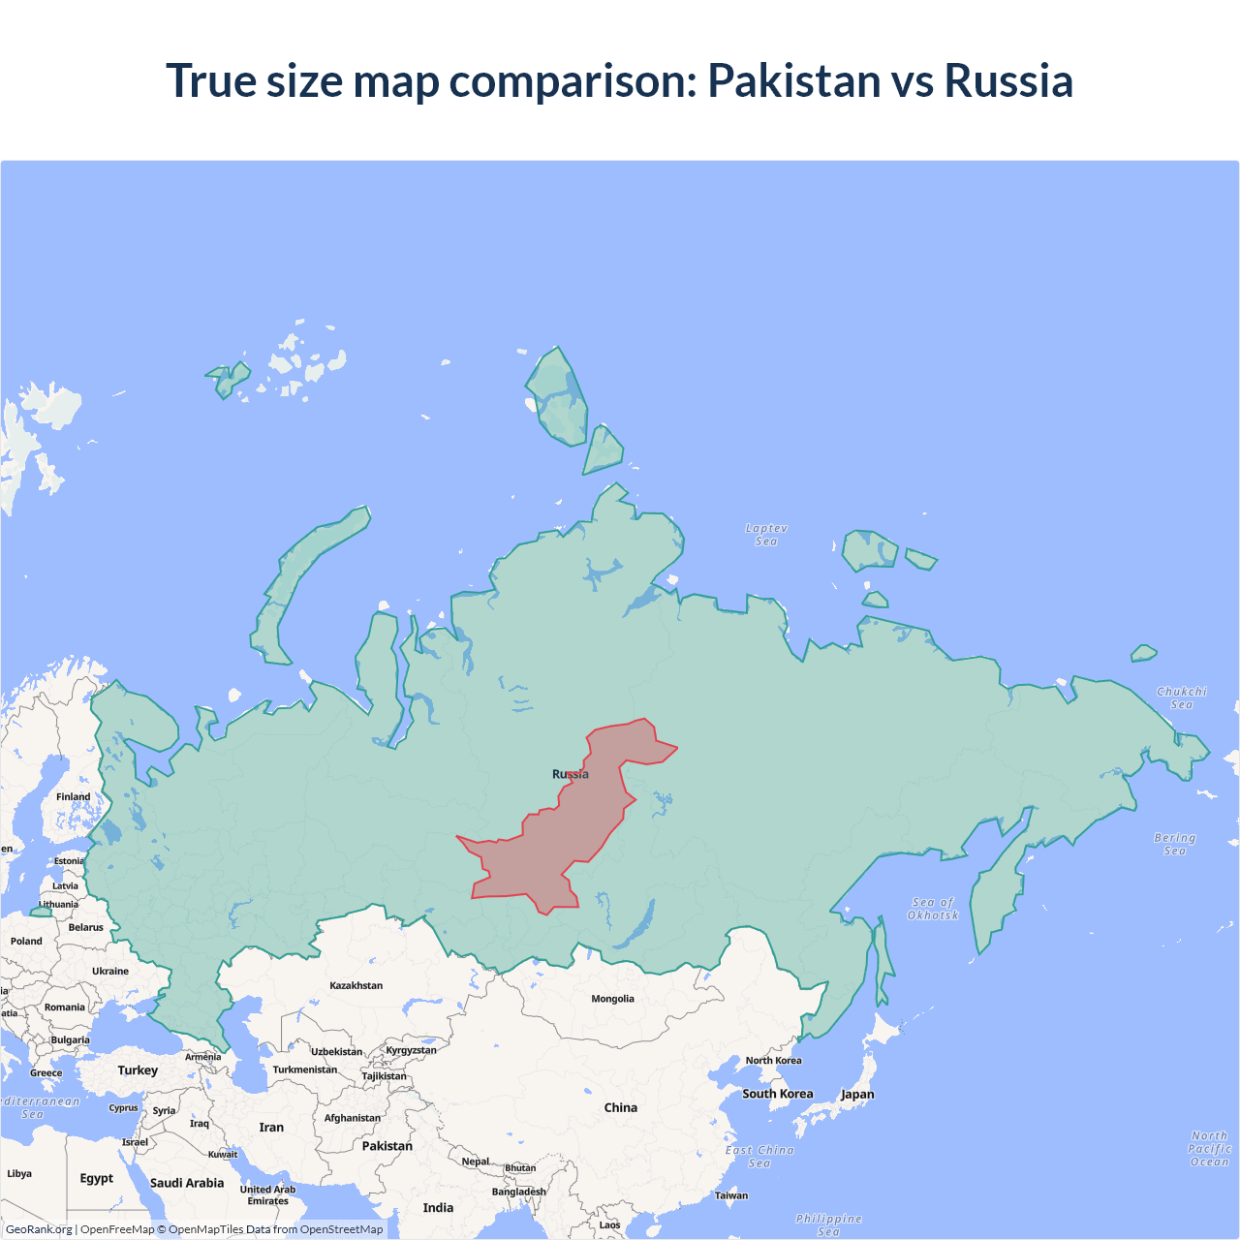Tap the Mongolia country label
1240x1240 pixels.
(612, 999)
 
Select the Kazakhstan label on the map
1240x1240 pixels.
(356, 985)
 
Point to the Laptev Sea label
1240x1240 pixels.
(766, 535)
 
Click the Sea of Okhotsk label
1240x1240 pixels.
(933, 909)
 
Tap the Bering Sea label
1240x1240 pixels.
(1174, 844)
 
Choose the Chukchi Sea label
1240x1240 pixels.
(1182, 697)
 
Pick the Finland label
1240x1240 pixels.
(73, 796)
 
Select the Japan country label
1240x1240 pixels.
(856, 1094)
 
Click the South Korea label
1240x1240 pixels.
(777, 1094)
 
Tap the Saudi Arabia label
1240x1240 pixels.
(186, 1183)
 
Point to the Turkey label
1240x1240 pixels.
(138, 1070)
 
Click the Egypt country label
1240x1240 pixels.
(96, 1178)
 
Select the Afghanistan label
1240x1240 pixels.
(353, 1118)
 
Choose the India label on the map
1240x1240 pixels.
(438, 1207)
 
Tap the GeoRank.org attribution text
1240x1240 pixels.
(39, 1229)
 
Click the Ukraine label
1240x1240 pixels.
(110, 971)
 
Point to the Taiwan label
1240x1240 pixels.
(731, 1195)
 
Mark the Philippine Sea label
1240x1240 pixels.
(828, 1224)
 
